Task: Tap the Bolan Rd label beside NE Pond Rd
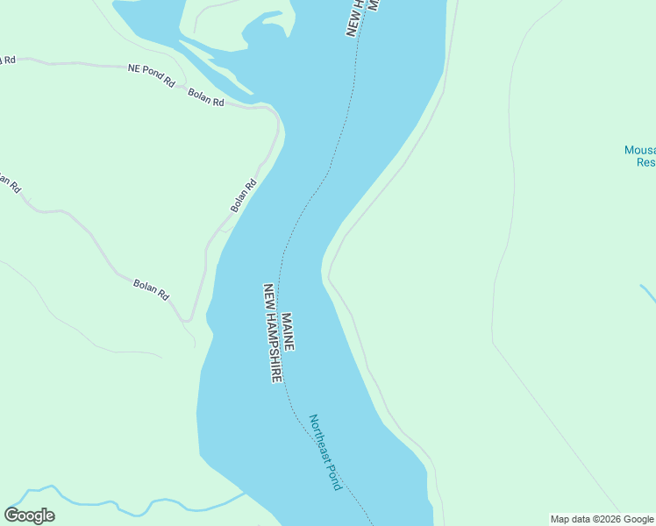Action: [x=206, y=97]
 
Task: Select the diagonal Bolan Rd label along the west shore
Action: [x=244, y=195]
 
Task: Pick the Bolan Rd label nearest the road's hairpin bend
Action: [x=151, y=289]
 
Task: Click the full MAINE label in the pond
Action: [x=288, y=331]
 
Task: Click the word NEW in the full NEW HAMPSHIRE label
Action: [x=268, y=295]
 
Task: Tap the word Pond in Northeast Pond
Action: [x=333, y=477]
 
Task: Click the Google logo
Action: [x=29, y=515]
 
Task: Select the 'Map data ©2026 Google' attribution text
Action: [x=602, y=519]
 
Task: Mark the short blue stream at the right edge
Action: [x=647, y=294]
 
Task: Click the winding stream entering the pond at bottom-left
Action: [x=132, y=507]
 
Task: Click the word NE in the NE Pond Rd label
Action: [x=134, y=68]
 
